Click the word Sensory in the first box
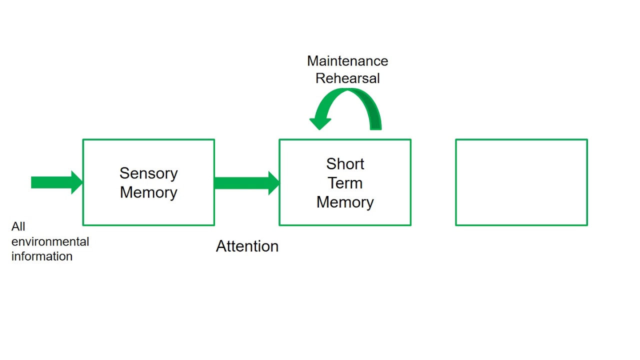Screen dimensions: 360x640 coord(148,173)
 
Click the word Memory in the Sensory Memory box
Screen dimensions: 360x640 coord(148,192)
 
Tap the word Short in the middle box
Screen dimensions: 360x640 coord(345,164)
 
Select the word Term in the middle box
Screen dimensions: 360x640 coord(345,183)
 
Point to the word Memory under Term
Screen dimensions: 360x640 coord(345,202)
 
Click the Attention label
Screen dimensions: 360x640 coord(247,246)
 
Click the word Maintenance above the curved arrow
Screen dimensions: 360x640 coord(347,61)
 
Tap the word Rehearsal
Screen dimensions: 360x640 coord(347,78)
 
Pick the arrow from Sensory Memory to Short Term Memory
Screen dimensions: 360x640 coord(245,183)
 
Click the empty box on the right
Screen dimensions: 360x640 coord(521,182)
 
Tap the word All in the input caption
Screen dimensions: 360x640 coord(18,226)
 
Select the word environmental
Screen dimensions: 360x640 coord(50,241)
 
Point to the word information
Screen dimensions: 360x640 coord(42,256)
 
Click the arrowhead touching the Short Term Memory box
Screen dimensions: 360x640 coord(274,183)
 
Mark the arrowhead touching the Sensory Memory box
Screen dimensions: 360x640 coord(77,182)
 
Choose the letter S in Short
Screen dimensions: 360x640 coord(330,164)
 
